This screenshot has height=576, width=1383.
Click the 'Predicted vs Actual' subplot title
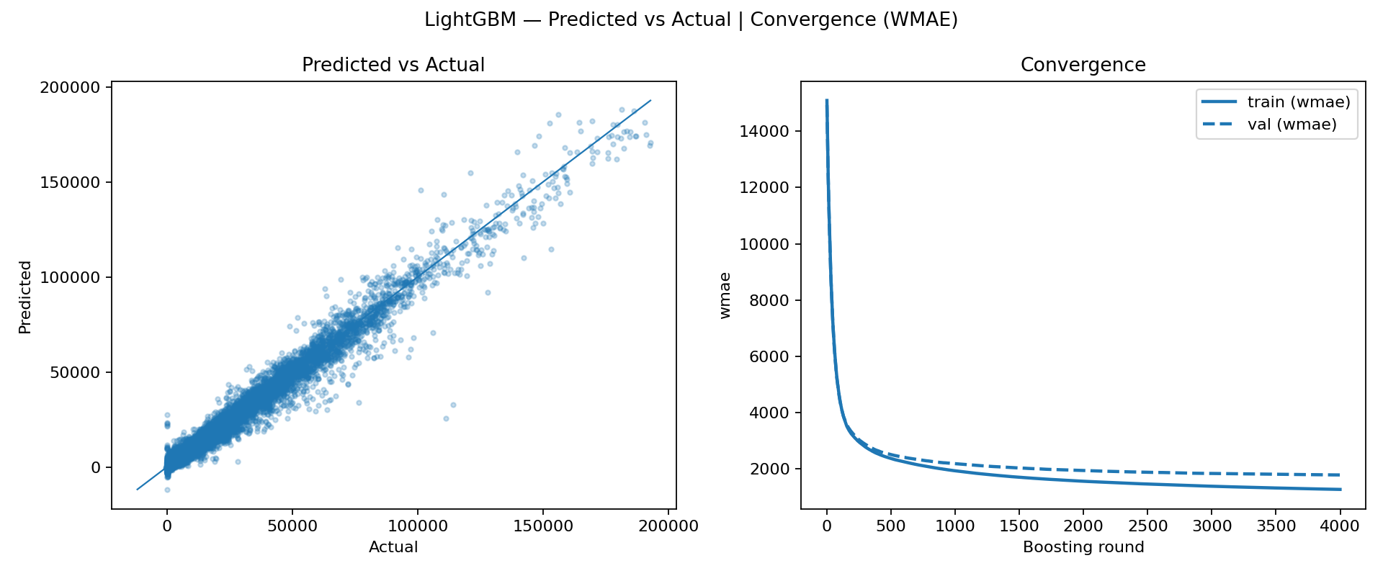pos(393,65)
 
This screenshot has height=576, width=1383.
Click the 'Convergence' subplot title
pos(1083,65)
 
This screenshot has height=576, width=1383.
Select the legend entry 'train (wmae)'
pos(1298,102)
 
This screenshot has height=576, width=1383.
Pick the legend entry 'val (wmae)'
pos(1292,125)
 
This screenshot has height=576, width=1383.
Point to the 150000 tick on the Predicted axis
pos(71,182)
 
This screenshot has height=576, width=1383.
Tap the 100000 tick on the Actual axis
pos(418,526)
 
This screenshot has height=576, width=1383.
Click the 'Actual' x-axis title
pos(393,547)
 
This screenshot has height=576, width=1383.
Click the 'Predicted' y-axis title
pos(25,297)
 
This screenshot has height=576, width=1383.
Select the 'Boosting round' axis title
pos(1083,547)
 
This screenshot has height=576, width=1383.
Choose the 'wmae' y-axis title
pos(725,295)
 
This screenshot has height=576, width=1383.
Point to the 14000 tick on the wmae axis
pos(764,131)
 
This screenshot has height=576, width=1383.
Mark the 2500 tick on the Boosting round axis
pos(1147,526)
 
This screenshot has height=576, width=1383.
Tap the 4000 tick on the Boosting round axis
pos(1340,526)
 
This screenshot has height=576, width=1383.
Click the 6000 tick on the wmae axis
pos(764,356)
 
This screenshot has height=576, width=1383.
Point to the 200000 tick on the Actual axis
pos(668,526)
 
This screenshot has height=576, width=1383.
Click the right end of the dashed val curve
pos(1340,475)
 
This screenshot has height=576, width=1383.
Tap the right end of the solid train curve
pos(1340,490)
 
